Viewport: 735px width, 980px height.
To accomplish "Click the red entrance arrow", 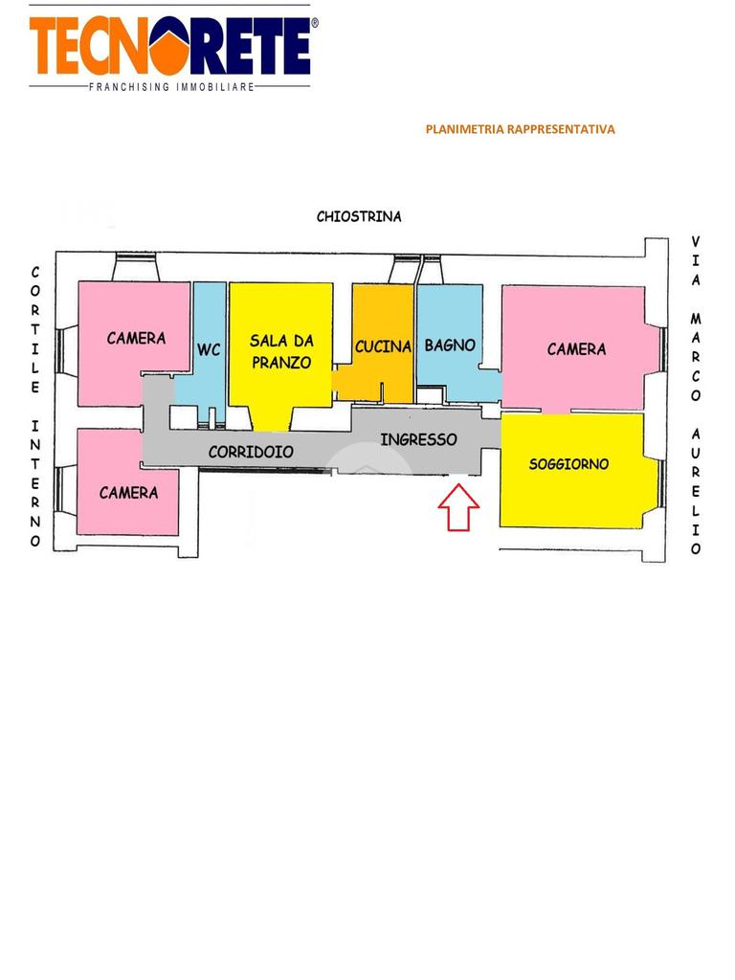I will [x=458, y=507].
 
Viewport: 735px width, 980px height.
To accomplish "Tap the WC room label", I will [x=209, y=350].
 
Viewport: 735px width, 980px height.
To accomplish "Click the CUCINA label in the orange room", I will [x=383, y=346].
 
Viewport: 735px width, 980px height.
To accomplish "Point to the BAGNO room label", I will [x=450, y=345].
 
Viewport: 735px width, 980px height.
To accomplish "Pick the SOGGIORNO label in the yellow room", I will [x=568, y=464].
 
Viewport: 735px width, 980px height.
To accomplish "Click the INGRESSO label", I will [x=418, y=440].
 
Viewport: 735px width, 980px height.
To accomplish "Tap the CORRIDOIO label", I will [x=251, y=451].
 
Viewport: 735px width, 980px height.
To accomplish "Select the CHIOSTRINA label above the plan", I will [x=359, y=216].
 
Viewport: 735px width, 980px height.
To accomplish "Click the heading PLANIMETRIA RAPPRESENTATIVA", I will [x=520, y=129].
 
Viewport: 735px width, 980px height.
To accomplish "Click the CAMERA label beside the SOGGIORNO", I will [x=576, y=349].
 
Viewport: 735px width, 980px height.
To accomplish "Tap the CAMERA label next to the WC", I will [x=136, y=338].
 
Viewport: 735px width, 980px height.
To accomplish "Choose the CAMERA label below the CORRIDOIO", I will [x=128, y=493].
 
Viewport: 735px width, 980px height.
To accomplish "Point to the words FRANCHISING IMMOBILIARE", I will [x=171, y=87].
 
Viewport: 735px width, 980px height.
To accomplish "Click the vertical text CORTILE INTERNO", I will [x=35, y=407].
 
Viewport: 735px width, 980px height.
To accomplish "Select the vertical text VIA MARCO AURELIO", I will [x=696, y=395].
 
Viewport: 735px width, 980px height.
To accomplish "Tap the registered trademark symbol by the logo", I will [x=315, y=22].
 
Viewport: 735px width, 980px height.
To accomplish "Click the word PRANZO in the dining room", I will [x=281, y=363].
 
